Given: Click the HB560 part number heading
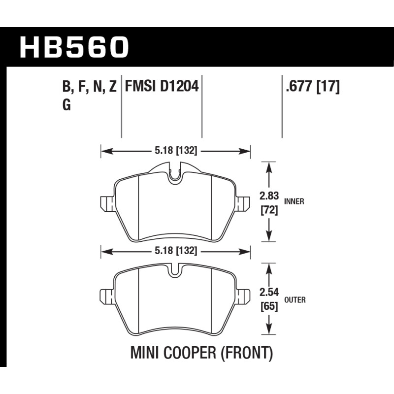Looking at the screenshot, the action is [74, 47].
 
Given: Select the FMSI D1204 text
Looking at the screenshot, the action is [162, 87].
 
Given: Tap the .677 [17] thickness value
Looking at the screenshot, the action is [313, 87].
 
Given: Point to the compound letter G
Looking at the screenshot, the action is [66, 105].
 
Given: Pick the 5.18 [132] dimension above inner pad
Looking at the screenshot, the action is [176, 151].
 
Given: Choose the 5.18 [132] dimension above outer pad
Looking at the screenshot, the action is [176, 251].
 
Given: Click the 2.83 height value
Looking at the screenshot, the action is [269, 196].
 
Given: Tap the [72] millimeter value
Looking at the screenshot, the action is [269, 210].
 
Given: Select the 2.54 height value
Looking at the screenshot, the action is [269, 292].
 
